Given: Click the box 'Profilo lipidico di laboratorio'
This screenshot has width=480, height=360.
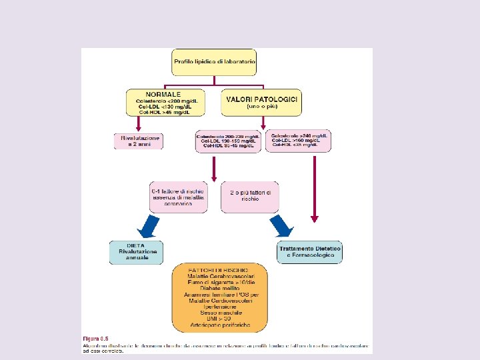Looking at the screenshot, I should (214, 61).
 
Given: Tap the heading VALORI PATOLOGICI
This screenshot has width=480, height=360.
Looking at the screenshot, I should (262, 99).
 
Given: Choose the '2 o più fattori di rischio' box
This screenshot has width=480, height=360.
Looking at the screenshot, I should (250, 195).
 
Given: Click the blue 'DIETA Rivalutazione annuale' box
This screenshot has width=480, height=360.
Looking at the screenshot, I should (136, 252).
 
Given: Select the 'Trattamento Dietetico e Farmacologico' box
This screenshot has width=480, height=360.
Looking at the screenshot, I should (309, 252).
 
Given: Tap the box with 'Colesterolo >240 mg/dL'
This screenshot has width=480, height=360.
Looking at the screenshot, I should (301, 139).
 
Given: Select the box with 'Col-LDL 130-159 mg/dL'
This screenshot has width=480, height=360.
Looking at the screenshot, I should (229, 141).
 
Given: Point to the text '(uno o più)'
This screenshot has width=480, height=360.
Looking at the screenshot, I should (262, 107).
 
